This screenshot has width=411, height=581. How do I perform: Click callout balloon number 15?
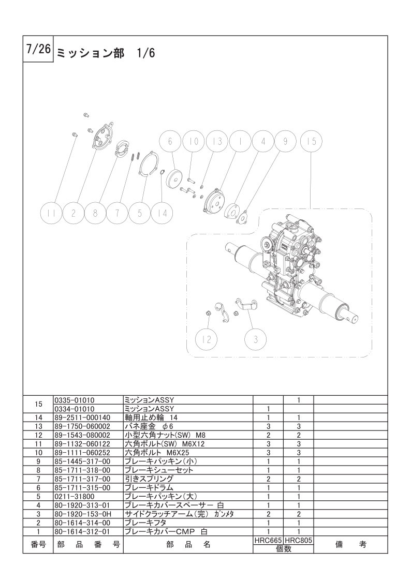pos(311,141)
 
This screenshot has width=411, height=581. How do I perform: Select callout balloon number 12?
pos(207,339)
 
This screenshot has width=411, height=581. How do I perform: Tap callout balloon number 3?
pos(256,339)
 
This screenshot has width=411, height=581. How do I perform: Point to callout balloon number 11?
pos(51,213)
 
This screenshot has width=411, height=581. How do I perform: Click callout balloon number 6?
pos(170,141)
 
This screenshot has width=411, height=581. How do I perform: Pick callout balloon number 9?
pos(285,141)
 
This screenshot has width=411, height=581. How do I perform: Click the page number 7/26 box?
pos(38,49)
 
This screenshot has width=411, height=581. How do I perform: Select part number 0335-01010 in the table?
pos(75,400)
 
